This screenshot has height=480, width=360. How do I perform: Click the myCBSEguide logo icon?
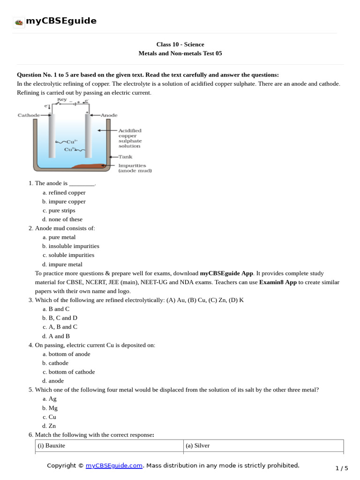tap(19, 22)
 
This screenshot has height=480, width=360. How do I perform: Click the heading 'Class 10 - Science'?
tap(180, 45)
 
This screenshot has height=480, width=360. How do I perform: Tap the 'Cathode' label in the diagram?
tap(29, 115)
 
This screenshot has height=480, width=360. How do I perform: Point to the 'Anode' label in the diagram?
tap(109, 115)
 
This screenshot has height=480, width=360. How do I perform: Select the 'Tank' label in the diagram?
tap(125, 157)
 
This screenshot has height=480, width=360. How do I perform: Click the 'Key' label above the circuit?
tap(61, 100)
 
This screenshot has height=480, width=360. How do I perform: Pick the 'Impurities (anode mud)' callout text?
tap(132, 168)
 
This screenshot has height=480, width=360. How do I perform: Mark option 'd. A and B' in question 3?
tap(59, 336)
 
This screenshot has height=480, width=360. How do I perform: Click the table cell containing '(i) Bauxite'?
tap(109, 446)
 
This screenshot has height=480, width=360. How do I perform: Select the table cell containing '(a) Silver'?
tap(263, 446)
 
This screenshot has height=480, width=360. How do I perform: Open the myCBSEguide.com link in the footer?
tap(114, 465)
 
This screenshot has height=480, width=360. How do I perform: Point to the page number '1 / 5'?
tap(342, 468)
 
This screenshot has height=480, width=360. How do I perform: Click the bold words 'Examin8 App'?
tap(278, 282)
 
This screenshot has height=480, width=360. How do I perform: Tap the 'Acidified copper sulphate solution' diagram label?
tap(130, 138)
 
